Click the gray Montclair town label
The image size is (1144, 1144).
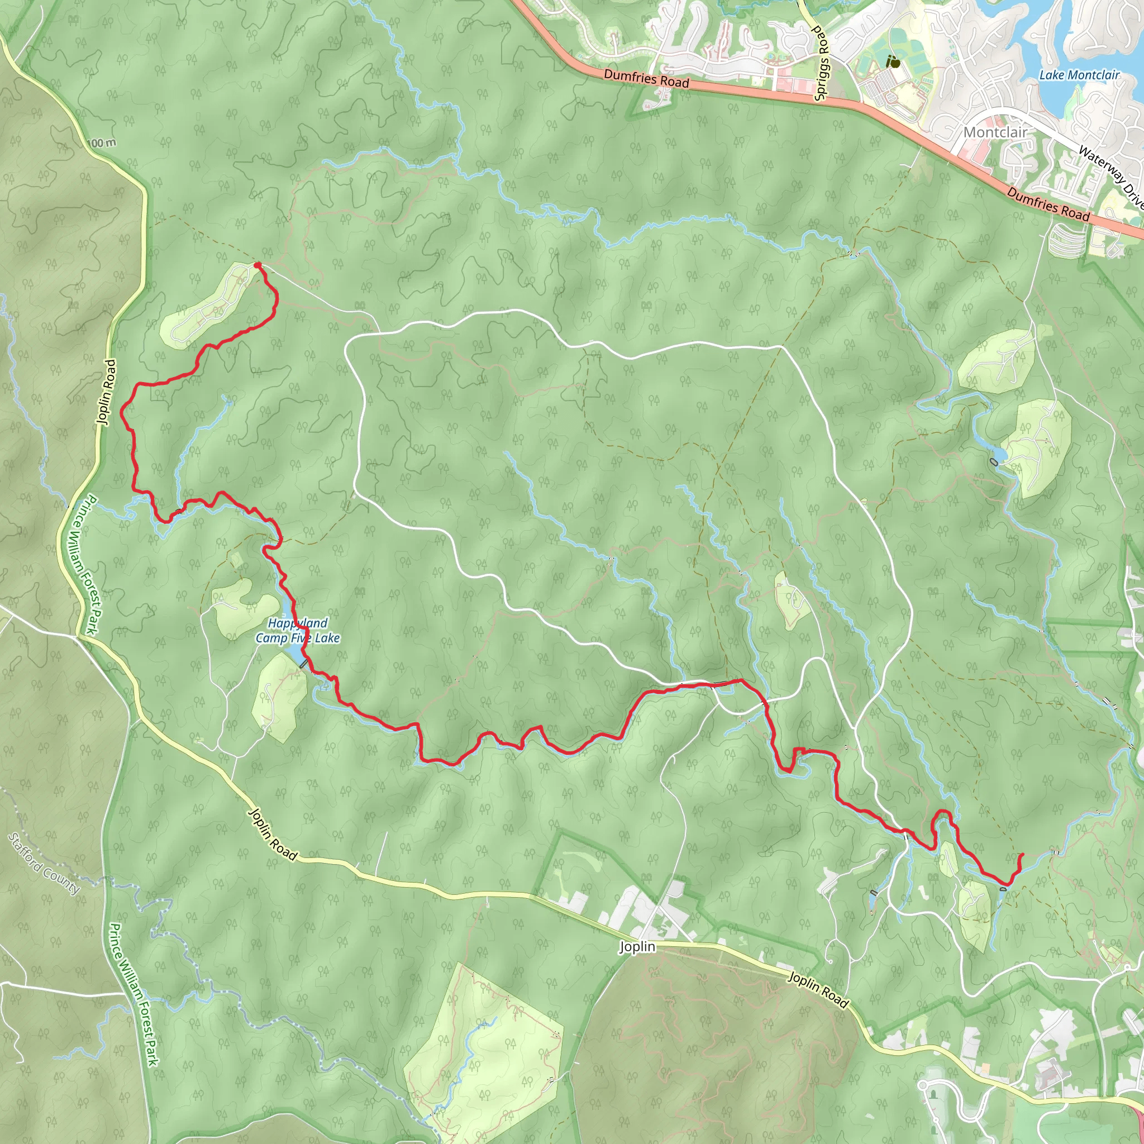[995, 132]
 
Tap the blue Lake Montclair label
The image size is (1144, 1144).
[1079, 75]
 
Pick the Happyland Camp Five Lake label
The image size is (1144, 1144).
[297, 630]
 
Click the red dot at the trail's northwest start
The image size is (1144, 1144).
[257, 265]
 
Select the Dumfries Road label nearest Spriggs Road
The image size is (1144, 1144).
[646, 78]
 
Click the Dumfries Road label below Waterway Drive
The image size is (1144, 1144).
[1048, 204]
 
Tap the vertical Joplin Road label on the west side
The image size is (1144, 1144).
[107, 392]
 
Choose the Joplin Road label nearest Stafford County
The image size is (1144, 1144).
[273, 835]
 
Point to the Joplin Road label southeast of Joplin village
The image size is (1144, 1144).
[818, 989]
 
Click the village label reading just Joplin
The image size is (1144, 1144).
[637, 947]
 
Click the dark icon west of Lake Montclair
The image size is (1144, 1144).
[892, 61]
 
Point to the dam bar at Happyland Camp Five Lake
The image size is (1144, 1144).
[304, 664]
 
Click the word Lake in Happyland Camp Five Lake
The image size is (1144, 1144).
[327, 638]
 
